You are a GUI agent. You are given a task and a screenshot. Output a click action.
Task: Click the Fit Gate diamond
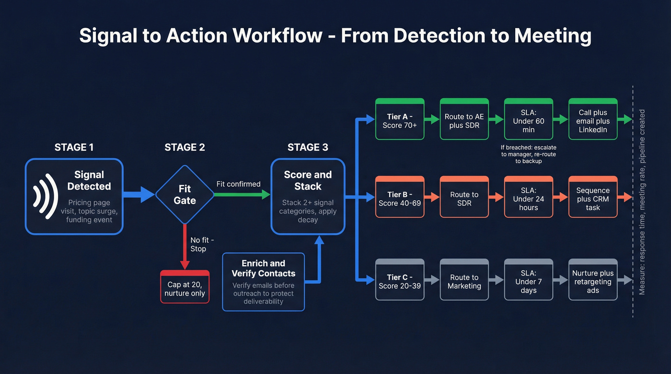[185, 194]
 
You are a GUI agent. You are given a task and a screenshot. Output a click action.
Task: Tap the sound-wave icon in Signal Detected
[43, 196]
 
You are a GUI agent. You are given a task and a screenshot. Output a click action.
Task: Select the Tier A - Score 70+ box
[400, 120]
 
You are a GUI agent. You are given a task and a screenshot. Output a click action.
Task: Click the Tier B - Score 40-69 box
[400, 198]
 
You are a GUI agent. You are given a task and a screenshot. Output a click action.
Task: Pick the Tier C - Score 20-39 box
[400, 281]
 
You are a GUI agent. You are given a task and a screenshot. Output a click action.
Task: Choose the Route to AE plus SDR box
[464, 120]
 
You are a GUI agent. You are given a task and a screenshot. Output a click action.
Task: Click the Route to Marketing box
[464, 281]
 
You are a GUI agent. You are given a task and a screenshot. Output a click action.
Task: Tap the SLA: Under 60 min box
[528, 120]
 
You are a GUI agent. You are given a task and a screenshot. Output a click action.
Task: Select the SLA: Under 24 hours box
[528, 198]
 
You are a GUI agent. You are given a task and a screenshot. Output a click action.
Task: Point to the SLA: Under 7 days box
[528, 281]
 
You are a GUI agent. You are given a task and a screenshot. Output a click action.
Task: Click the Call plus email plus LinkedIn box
[593, 120]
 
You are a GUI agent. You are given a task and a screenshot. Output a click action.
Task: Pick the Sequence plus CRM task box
[593, 198]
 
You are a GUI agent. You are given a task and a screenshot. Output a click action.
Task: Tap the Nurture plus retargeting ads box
[593, 281]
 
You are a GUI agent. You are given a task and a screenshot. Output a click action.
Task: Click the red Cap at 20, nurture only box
[185, 288]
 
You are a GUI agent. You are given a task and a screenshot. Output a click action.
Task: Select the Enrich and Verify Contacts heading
[263, 269]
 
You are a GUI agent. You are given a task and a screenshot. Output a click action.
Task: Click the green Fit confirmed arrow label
[238, 184]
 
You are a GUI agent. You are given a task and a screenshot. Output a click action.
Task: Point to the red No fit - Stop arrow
[185, 247]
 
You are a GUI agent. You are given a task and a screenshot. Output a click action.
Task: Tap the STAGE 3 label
[308, 147]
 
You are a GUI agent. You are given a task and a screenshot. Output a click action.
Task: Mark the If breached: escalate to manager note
[528, 154]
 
